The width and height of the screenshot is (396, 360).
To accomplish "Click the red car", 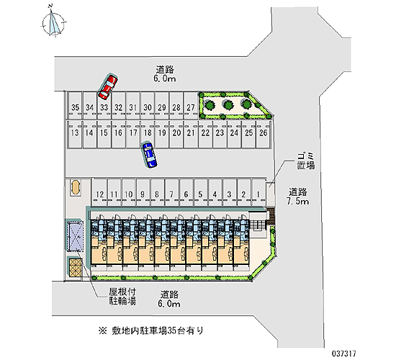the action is pos(108,87).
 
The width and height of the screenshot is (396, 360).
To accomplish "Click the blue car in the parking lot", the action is pos(150,155).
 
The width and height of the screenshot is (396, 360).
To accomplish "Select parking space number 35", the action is pos(76,105).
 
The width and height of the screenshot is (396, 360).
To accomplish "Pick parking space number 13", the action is pos(75,134).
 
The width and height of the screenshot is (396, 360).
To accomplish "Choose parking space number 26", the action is pos(263,134).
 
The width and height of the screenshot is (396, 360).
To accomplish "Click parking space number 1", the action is pos(258,192).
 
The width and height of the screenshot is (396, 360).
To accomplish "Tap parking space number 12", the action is pos(99,192).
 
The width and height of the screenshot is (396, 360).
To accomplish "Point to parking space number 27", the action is pos(191,105).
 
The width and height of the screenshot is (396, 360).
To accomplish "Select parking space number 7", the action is pos(172,192).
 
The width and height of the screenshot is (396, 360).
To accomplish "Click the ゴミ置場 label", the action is pos(305,161).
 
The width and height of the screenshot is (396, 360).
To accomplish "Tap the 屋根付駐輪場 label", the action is pos(122,297).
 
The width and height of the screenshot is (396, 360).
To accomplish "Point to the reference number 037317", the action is pos(343,354).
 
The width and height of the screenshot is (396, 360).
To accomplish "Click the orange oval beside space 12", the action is pos(75,187).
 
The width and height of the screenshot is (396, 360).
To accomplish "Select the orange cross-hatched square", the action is pos(76,267).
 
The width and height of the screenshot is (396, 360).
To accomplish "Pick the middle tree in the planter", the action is pos(228,104).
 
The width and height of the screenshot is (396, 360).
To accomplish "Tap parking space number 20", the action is pos(176,134).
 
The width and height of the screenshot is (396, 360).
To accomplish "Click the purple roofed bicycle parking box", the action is pos(75,235).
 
